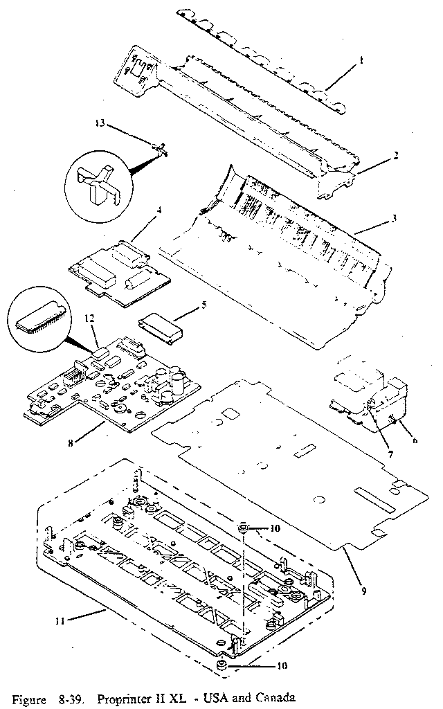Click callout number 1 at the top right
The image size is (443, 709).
pos(361,60)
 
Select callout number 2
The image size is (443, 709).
pos(395,155)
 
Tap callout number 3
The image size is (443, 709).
pos(393,219)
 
